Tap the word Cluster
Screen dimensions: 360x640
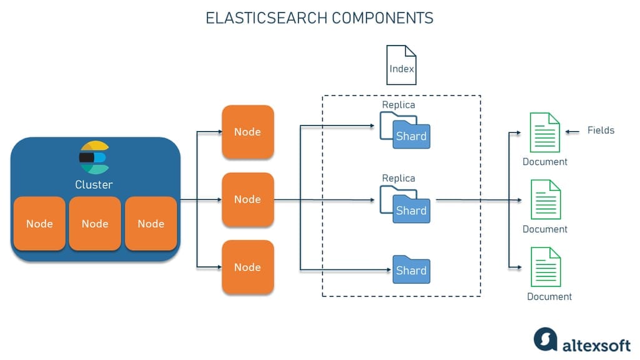(94, 184)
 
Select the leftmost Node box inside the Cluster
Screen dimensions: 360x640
(39, 223)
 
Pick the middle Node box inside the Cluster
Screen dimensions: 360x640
(95, 223)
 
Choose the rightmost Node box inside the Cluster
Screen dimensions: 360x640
(150, 223)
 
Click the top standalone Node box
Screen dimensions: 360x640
(247, 132)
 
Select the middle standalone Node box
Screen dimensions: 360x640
(247, 199)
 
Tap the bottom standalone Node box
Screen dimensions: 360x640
(247, 267)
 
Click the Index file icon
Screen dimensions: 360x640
(401, 65)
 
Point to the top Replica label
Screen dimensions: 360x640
(398, 105)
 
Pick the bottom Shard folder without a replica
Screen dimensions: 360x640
(411, 270)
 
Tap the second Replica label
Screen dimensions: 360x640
(398, 178)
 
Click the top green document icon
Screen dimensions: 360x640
(544, 132)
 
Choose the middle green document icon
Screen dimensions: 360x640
(544, 200)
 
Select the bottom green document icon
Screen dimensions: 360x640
(544, 267)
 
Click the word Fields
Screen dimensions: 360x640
(601, 130)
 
